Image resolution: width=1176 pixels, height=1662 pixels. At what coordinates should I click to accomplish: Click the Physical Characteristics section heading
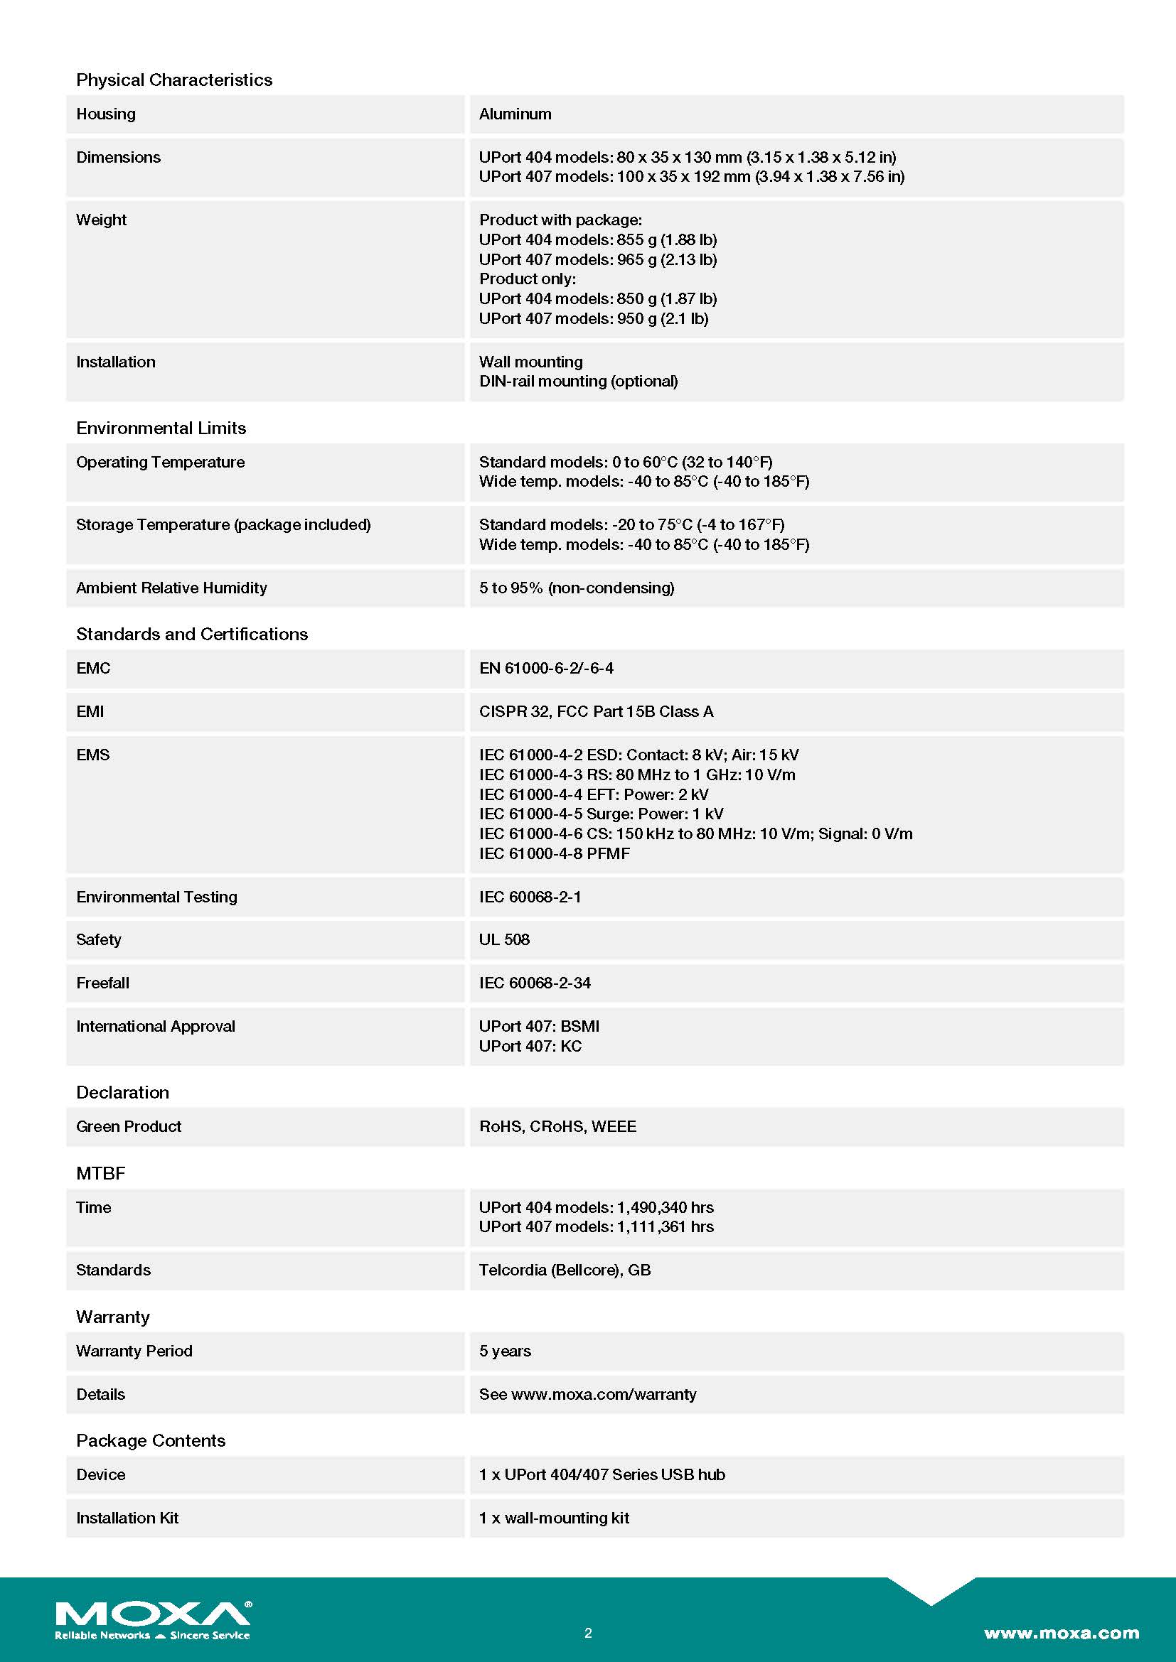click(173, 80)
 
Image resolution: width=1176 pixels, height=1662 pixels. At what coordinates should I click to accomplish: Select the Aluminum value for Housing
click(515, 114)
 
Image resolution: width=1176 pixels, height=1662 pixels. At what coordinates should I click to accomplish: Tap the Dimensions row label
click(118, 157)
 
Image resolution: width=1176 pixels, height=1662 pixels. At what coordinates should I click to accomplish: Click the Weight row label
click(102, 220)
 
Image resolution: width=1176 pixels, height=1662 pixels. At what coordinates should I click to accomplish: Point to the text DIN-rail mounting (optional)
click(578, 381)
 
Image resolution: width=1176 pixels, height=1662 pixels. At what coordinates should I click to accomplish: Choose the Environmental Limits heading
click(161, 428)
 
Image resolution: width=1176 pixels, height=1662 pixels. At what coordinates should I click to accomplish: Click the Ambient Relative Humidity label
click(171, 588)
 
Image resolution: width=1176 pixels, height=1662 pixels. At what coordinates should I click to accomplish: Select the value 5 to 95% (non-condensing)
click(577, 588)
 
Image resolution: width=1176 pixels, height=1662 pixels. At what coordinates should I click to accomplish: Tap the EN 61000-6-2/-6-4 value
click(546, 668)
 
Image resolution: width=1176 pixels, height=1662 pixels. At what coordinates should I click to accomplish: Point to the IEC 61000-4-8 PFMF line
click(554, 853)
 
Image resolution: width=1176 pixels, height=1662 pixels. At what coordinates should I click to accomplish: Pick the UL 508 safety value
click(504, 939)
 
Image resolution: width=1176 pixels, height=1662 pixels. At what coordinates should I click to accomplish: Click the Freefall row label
click(103, 983)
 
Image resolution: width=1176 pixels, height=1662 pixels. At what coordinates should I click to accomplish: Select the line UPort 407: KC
click(530, 1046)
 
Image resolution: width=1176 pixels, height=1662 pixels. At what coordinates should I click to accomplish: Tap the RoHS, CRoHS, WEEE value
click(557, 1126)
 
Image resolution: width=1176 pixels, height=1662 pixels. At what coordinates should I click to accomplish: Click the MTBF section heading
click(101, 1173)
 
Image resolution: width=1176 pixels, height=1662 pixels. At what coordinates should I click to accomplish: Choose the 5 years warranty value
click(505, 1351)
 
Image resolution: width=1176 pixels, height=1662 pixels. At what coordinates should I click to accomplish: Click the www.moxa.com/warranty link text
click(603, 1394)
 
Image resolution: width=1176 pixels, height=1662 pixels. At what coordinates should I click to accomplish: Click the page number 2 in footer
click(588, 1633)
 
